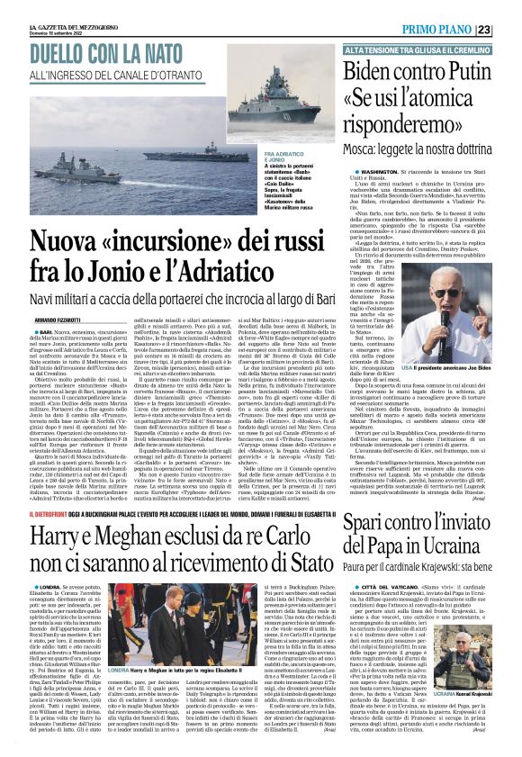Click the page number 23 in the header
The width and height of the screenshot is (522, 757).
[x=509, y=30]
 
